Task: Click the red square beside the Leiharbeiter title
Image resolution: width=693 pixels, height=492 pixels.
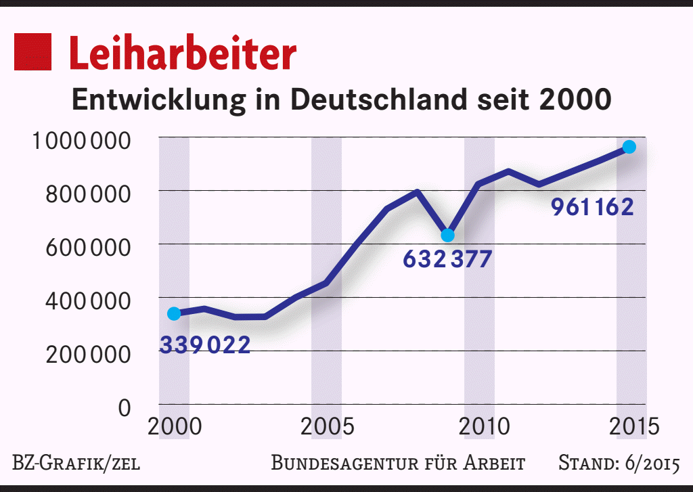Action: tap(33, 51)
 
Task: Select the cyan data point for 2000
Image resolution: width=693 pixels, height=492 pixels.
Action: tap(174, 313)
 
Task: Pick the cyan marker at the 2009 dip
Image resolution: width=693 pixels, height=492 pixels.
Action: tap(447, 236)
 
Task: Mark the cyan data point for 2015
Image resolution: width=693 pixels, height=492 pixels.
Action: tap(629, 147)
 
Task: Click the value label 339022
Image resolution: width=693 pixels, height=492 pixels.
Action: tap(204, 345)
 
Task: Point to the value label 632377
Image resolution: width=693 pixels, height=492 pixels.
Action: tap(447, 259)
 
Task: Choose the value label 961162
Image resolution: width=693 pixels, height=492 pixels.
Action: tap(592, 207)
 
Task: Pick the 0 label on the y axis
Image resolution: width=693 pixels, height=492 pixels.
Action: tap(124, 407)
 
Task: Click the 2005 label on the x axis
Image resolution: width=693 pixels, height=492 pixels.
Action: tap(327, 428)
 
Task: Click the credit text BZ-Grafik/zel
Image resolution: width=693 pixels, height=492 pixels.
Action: tap(76, 464)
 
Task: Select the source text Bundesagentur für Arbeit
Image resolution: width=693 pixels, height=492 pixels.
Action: tap(398, 464)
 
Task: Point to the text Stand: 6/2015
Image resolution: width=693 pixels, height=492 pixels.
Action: tap(619, 464)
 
